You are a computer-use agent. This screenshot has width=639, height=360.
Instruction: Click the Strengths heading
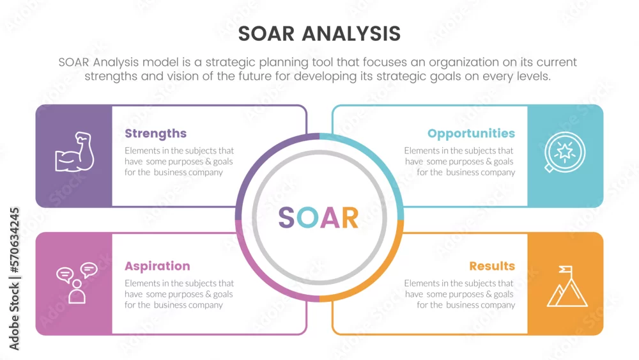point(156,133)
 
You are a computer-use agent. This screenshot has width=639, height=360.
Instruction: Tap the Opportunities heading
point(471,134)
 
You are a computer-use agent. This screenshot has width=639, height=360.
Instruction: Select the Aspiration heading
point(157,266)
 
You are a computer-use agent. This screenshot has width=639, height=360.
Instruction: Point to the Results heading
point(492,266)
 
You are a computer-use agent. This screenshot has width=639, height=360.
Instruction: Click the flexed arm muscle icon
point(75,152)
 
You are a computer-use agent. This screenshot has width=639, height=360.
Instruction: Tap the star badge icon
point(564,152)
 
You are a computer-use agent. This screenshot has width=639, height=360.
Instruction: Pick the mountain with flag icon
point(567,286)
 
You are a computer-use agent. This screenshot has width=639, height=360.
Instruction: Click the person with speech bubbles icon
point(77,283)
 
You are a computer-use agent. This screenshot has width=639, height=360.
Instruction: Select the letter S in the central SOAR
point(286,217)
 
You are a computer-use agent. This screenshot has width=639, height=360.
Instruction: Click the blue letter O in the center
point(307,217)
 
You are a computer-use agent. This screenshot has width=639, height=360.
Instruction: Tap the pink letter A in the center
point(330,217)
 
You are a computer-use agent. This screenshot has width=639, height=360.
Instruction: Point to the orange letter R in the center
point(350,217)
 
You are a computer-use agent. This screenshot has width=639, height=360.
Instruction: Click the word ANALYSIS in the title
point(351,33)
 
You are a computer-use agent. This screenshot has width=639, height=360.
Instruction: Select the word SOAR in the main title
point(266,33)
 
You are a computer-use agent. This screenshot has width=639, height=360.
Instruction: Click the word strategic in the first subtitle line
point(230,63)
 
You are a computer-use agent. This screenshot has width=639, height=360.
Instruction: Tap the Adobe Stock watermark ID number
point(14,240)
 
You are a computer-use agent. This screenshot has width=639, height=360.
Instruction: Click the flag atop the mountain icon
point(566,269)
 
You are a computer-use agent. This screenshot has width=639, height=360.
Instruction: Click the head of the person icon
point(77,284)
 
